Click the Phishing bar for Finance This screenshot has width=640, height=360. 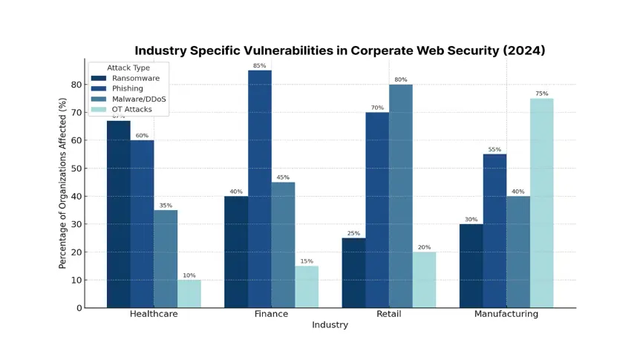click(260, 189)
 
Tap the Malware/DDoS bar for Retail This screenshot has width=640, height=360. click(401, 196)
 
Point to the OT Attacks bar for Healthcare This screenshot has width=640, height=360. click(189, 293)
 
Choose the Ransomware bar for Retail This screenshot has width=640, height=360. click(353, 272)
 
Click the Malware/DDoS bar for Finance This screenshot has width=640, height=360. click(283, 244)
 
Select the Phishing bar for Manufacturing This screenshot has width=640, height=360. click(494, 230)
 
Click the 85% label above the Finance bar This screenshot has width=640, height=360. click(260, 66)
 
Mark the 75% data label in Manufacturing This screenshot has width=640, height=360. click(541, 94)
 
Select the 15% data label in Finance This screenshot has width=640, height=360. click(307, 261)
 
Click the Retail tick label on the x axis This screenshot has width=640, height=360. click(389, 314)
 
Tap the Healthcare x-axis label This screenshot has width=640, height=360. click(154, 314)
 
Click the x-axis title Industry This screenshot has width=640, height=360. click(330, 325)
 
